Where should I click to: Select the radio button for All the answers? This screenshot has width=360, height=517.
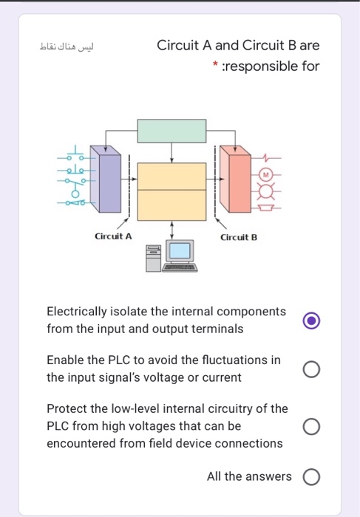(311, 476)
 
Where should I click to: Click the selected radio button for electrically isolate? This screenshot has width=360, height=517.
(311, 321)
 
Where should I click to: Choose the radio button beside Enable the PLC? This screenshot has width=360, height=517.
(311, 369)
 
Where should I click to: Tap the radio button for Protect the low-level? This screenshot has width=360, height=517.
(311, 426)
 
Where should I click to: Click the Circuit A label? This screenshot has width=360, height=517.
(113, 237)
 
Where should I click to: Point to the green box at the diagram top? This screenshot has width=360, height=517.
(172, 131)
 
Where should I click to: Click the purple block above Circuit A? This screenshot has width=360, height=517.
(109, 182)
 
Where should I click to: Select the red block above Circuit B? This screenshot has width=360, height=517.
(238, 182)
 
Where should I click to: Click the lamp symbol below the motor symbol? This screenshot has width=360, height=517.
(265, 192)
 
